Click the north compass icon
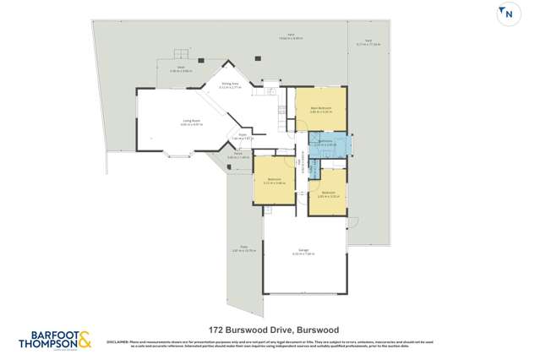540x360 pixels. click(507, 13)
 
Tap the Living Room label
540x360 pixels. click(191, 122)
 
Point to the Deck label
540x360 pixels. click(181, 67)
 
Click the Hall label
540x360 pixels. click(302, 164)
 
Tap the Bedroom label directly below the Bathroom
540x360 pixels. click(328, 193)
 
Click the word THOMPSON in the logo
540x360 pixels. click(48, 344)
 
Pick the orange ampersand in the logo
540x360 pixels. click(85, 341)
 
